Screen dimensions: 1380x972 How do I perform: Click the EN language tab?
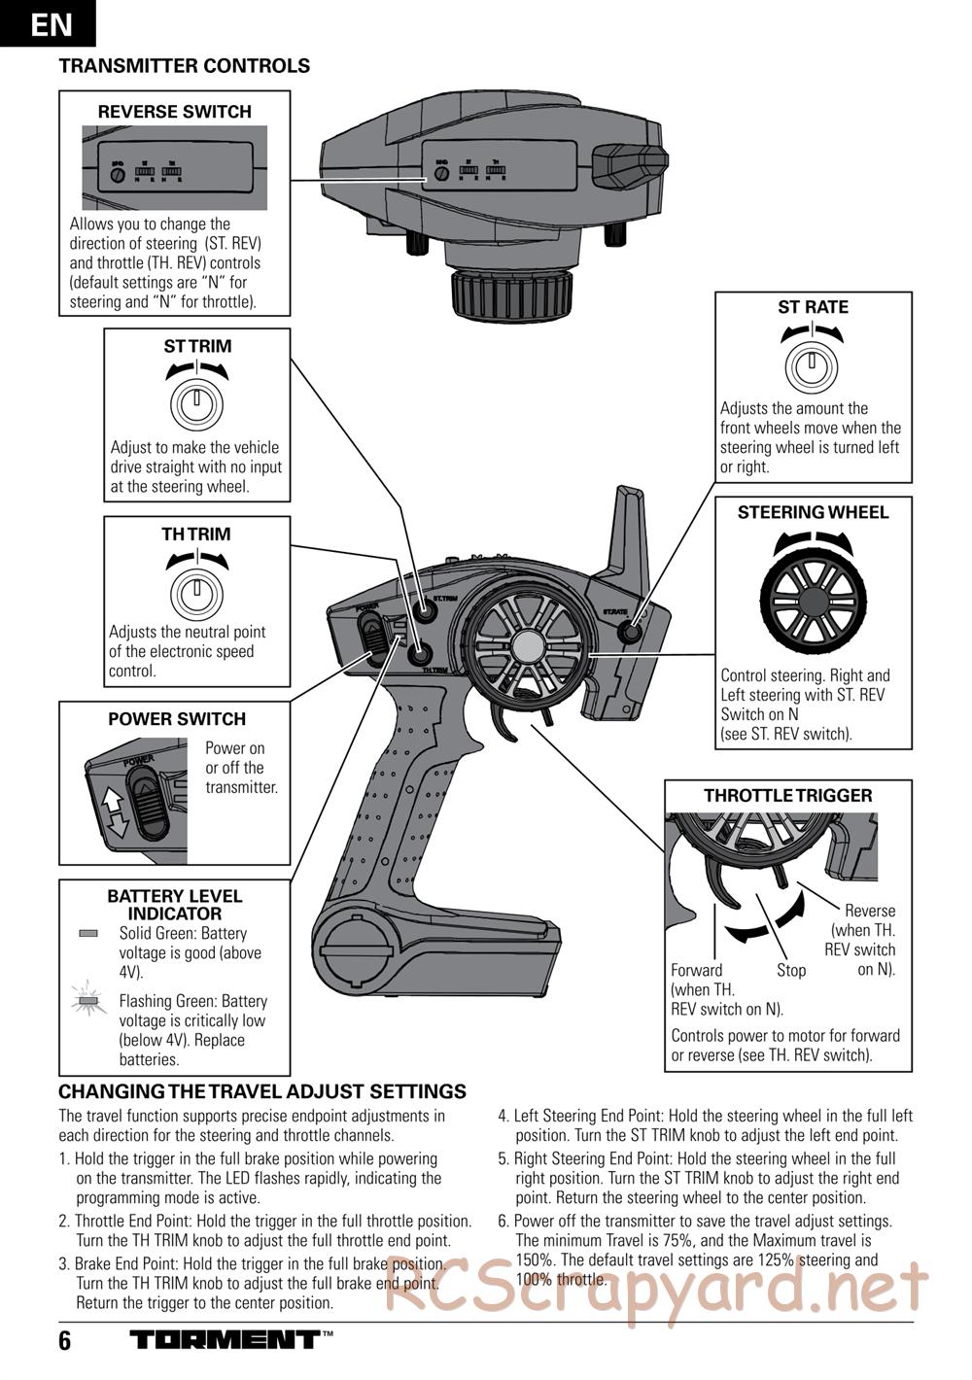49,23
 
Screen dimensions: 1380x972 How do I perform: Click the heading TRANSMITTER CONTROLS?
185,66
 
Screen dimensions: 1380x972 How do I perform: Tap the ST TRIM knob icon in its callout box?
197,400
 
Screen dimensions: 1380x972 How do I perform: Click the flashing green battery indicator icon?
88,999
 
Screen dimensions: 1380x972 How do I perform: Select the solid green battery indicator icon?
88,933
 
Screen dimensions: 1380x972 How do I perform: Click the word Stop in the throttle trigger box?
791,970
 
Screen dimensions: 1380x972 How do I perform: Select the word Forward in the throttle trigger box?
697,970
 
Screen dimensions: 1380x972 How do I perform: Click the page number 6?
65,1342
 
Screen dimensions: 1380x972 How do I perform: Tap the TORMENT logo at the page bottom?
226,1340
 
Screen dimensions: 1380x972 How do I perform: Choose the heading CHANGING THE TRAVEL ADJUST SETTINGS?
262,1092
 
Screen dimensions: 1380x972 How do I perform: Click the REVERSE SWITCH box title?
175,112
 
